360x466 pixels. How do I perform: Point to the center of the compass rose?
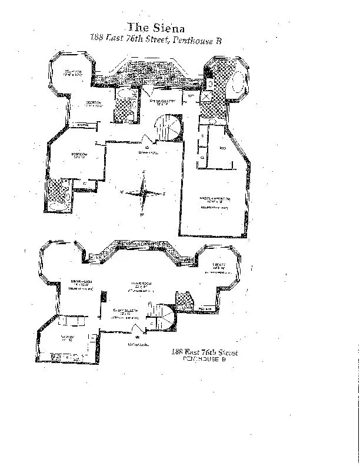coord(142,192)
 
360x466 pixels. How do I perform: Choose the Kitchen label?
coord(66,338)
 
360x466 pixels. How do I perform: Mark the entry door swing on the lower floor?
coord(136,328)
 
